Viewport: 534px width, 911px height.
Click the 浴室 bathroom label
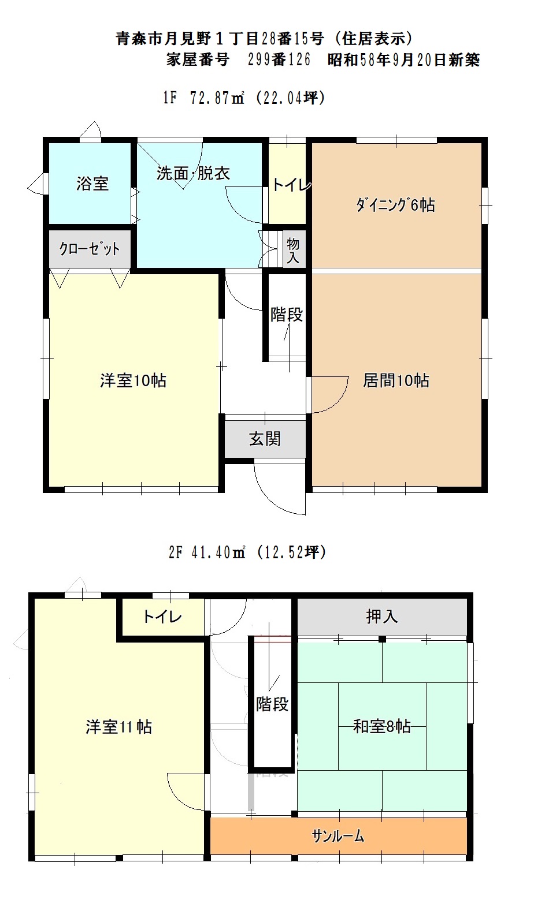92,184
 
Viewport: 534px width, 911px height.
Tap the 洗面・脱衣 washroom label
194,174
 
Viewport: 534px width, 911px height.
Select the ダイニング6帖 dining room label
395,204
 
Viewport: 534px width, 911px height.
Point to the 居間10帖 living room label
396,380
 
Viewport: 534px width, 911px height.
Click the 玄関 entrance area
265,439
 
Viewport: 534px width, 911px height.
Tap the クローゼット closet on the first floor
90,248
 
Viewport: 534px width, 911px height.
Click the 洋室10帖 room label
133,380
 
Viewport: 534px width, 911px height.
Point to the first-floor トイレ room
287,183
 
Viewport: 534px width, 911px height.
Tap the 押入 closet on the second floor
382,617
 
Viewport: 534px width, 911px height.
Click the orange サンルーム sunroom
338,836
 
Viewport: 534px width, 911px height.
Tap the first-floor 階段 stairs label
287,315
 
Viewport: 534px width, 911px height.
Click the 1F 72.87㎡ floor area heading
244,98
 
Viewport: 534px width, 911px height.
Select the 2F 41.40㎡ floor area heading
247,552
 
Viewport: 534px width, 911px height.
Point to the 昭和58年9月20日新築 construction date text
404,60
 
